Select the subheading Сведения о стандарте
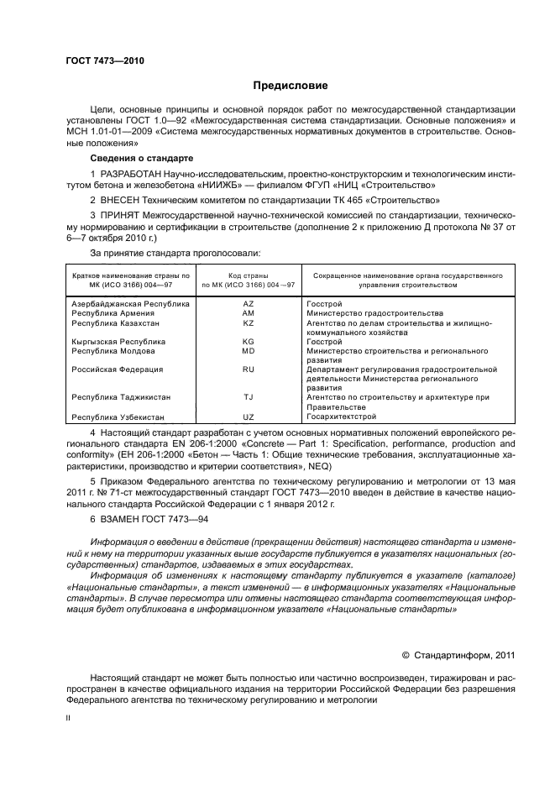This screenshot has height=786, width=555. [x=141, y=158]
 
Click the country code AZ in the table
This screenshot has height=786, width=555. [x=248, y=302]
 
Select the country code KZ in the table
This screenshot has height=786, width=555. [x=248, y=322]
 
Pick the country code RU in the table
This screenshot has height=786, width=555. [x=248, y=369]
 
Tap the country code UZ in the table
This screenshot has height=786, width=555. [x=248, y=417]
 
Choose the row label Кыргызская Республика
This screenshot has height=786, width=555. [x=118, y=342]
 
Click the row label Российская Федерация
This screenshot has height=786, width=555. [x=117, y=369]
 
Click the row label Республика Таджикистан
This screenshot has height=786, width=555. [x=121, y=397]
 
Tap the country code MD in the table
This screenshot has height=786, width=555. [x=248, y=351]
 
